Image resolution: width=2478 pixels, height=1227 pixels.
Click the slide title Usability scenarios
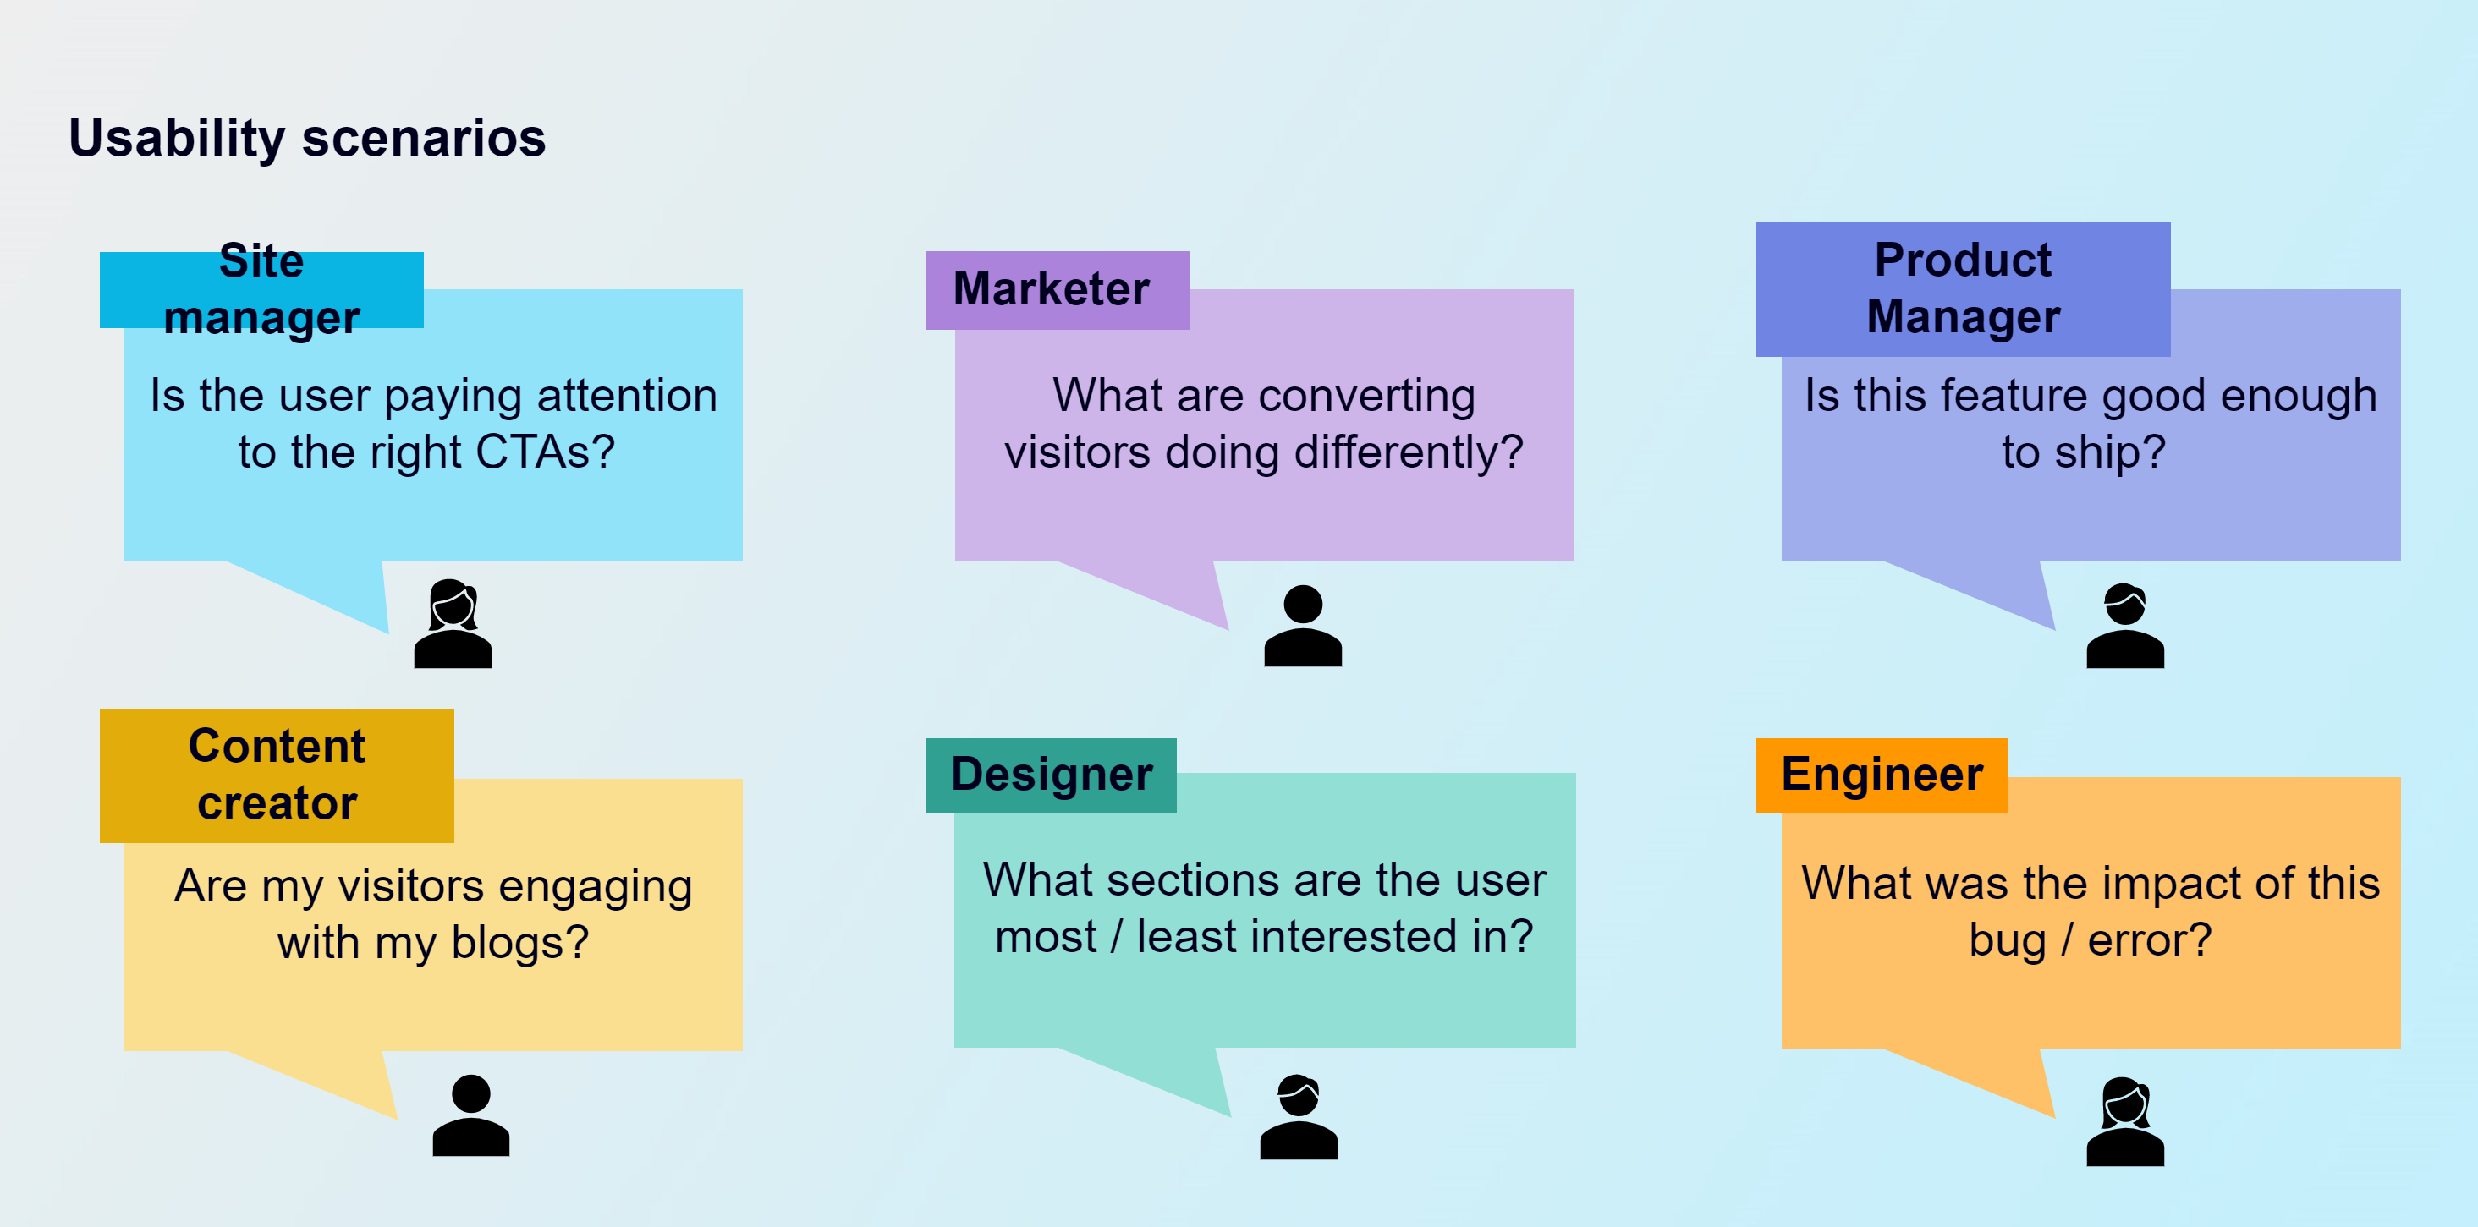[x=307, y=139]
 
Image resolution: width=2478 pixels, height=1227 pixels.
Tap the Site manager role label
[x=261, y=289]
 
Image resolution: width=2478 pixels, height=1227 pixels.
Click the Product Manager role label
[x=1963, y=289]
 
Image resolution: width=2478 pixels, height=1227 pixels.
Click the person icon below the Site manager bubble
[x=453, y=623]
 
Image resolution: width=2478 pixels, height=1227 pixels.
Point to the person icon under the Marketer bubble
[x=1303, y=626]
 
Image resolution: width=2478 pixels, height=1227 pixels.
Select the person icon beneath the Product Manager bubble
[x=2125, y=626]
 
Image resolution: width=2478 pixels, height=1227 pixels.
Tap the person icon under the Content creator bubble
[x=470, y=1115]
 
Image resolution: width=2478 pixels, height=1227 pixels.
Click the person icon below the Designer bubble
[x=1299, y=1116]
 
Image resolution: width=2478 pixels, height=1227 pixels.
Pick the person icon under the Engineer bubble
[x=2125, y=1121]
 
